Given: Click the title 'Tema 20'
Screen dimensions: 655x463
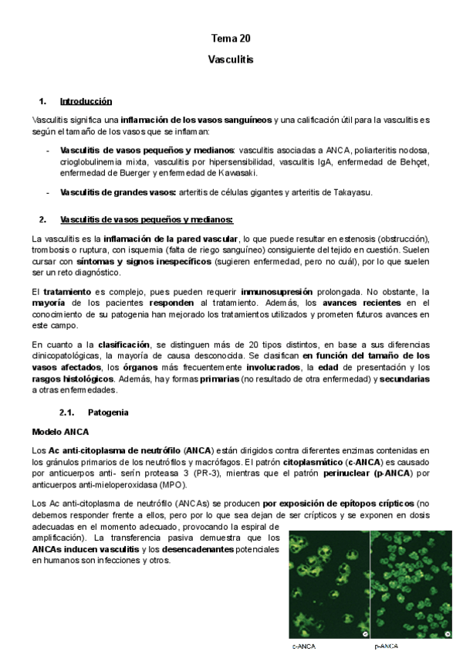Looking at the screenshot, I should pyautogui.click(x=231, y=38).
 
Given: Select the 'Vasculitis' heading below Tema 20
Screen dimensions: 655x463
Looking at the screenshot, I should pyautogui.click(x=231, y=59).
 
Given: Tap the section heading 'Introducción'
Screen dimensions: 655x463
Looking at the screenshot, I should pyautogui.click(x=86, y=101).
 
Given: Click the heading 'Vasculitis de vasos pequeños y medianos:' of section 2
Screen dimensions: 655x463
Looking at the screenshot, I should pyautogui.click(x=140, y=219).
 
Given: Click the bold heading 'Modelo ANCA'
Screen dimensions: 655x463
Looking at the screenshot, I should pyautogui.click(x=60, y=431).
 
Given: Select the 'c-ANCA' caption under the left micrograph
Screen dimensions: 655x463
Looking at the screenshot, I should pyautogui.click(x=304, y=645).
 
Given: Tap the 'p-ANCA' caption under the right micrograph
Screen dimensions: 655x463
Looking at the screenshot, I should pyautogui.click(x=387, y=645).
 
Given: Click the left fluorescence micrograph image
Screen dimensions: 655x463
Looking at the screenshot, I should pyautogui.click(x=327, y=584).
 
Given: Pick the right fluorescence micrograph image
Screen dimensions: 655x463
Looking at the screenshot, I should pyautogui.click(x=411, y=584).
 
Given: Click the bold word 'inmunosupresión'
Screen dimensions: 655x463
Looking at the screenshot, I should pyautogui.click(x=276, y=292).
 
